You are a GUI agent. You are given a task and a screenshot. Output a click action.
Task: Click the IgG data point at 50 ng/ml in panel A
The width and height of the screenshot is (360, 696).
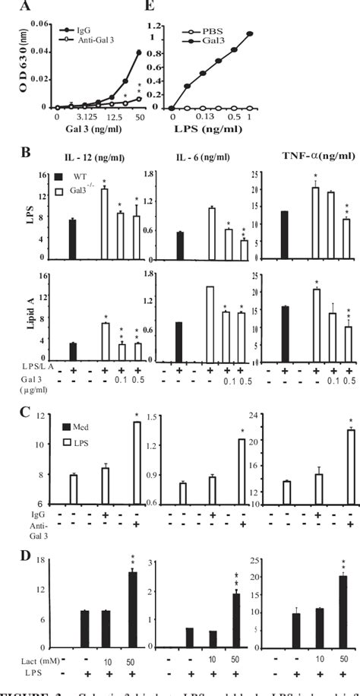pos(117,52)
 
